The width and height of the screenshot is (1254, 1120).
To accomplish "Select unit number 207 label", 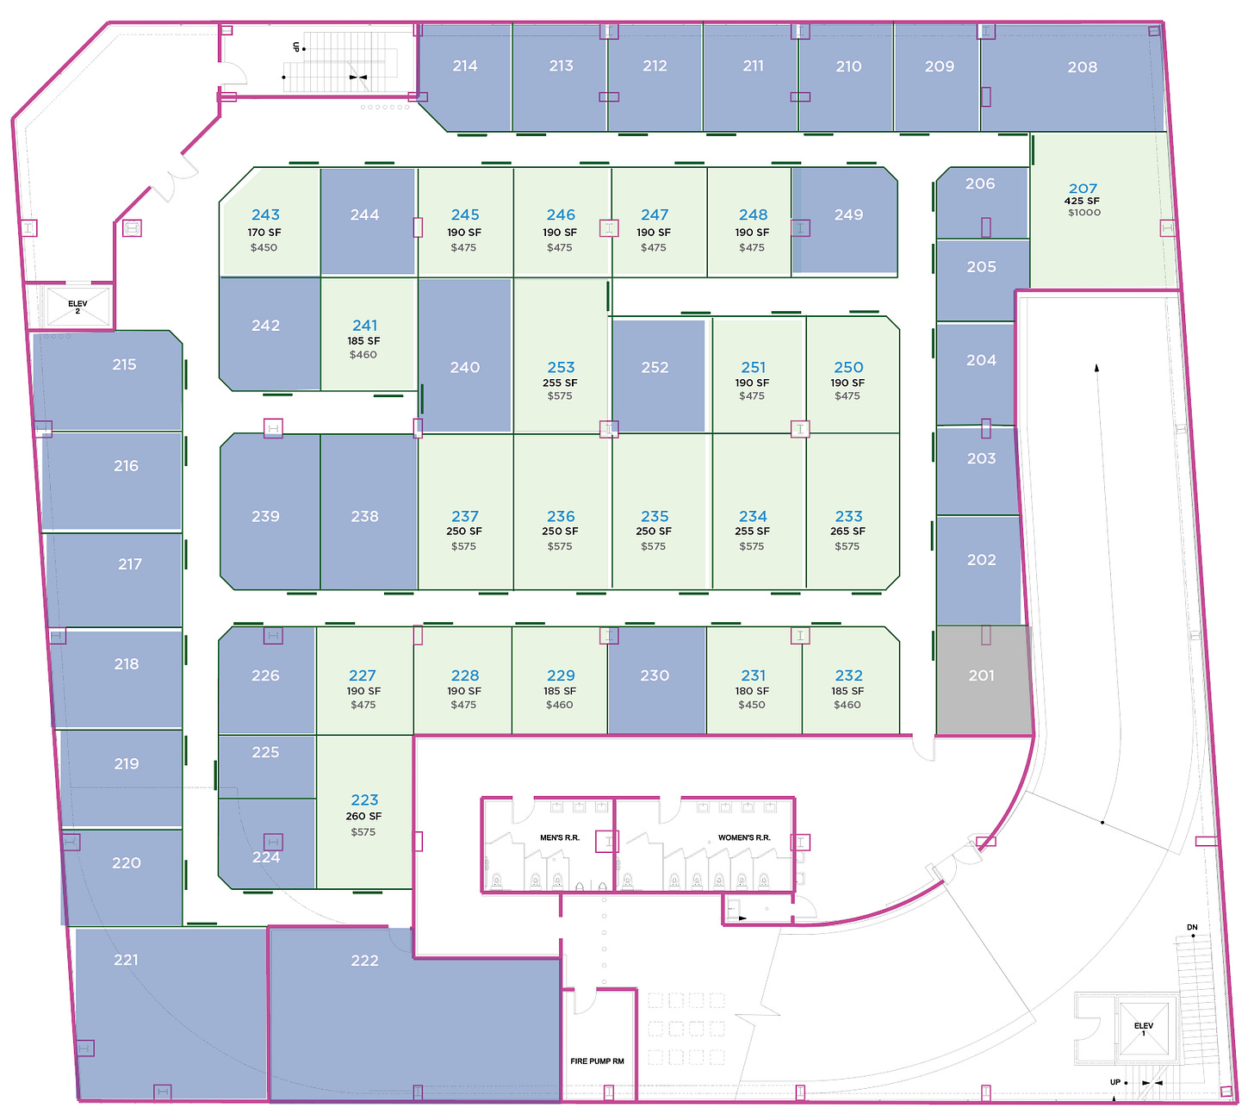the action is pyautogui.click(x=1083, y=188).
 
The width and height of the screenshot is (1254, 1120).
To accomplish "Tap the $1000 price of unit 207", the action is pyautogui.click(x=1083, y=213).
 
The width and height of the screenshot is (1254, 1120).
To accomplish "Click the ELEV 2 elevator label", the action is pyautogui.click(x=78, y=307).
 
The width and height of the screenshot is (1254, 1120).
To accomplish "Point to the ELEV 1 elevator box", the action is pyautogui.click(x=1144, y=1029).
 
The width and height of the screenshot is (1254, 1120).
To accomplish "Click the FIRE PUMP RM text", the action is pyautogui.click(x=597, y=1061).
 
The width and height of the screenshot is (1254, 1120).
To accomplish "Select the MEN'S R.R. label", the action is pyautogui.click(x=560, y=837).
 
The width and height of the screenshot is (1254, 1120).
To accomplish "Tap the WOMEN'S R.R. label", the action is pyautogui.click(x=744, y=837).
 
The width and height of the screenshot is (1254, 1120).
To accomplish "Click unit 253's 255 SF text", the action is pyautogui.click(x=560, y=383).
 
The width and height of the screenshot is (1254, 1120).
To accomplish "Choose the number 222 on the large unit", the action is pyautogui.click(x=364, y=961).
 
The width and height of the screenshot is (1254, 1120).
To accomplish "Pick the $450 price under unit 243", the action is pyautogui.click(x=264, y=248).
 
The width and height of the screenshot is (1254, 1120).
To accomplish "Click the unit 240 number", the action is pyautogui.click(x=464, y=367).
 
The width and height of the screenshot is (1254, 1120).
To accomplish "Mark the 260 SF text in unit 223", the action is pyautogui.click(x=363, y=816).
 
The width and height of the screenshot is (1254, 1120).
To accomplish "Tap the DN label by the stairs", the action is pyautogui.click(x=1192, y=928).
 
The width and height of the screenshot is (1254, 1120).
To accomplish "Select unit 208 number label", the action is pyautogui.click(x=1082, y=67).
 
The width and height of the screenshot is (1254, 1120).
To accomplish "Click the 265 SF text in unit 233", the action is pyautogui.click(x=847, y=532).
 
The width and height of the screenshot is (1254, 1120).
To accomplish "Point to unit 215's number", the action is pyautogui.click(x=124, y=364).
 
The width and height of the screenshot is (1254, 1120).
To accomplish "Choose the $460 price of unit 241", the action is pyautogui.click(x=363, y=355).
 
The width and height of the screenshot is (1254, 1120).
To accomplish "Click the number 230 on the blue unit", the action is pyautogui.click(x=655, y=675).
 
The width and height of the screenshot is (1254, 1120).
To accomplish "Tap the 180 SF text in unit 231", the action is pyautogui.click(x=752, y=691).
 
